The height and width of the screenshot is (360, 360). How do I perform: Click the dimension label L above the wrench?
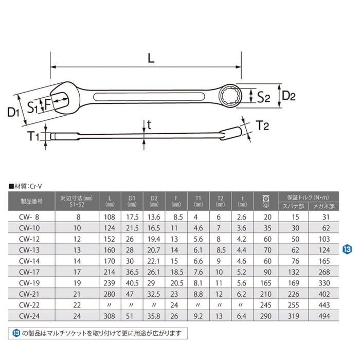(x=150, y=59)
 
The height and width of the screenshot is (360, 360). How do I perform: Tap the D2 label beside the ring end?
(x=289, y=96)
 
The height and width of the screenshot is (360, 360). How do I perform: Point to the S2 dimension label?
(x=263, y=96)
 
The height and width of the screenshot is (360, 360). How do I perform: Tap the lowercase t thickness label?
(x=149, y=124)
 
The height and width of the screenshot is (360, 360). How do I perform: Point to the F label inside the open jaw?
(x=47, y=104)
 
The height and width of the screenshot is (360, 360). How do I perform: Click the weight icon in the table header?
(x=266, y=197)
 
